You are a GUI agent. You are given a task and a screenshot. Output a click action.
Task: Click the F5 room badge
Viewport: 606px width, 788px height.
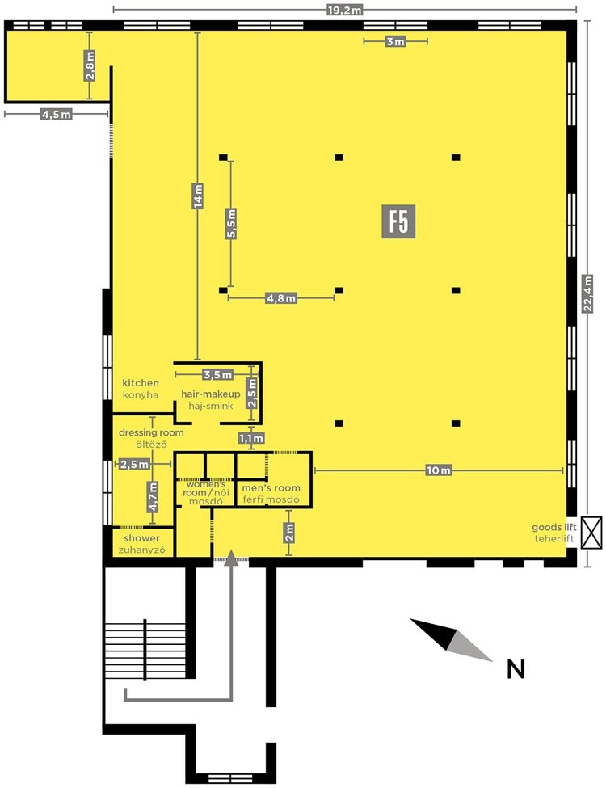(x=398, y=221)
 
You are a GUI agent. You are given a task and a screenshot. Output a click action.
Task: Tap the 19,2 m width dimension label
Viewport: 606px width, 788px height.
(x=344, y=10)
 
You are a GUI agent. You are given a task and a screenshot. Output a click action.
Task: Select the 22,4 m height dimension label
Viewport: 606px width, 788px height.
(x=587, y=294)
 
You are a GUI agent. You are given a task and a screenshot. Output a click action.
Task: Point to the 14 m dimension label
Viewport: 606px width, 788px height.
(x=198, y=196)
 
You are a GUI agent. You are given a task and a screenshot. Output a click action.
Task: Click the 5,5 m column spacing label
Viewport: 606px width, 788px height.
(x=231, y=224)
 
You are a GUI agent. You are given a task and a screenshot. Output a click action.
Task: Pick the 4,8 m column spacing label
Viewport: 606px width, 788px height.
(x=281, y=298)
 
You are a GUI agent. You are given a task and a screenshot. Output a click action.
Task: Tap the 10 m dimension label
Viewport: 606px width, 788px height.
(x=438, y=470)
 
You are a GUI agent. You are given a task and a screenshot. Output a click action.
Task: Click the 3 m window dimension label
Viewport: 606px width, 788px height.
(x=395, y=42)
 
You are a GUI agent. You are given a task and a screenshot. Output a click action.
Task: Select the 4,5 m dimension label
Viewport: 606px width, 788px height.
(x=57, y=115)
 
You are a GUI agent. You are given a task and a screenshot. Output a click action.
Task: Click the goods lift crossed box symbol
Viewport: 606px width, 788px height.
(x=591, y=533)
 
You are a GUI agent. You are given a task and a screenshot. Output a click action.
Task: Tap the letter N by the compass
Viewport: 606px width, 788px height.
(x=516, y=669)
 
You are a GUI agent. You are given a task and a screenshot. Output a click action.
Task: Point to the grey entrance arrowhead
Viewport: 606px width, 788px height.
(x=230, y=558)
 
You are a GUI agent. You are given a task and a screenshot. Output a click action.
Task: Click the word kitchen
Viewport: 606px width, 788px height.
(x=141, y=383)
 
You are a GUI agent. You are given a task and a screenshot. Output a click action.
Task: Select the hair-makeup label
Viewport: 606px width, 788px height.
(x=211, y=394)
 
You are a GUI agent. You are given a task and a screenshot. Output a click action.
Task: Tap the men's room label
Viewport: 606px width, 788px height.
(x=271, y=488)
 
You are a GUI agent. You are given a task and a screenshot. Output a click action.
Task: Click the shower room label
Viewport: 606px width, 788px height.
(x=141, y=538)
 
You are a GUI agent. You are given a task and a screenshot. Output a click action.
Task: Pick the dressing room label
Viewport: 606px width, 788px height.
(x=151, y=432)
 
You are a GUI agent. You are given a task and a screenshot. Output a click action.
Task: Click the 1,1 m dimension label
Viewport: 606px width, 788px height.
(x=251, y=439)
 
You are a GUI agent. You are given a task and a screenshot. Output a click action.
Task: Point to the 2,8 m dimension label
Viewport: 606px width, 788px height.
(x=90, y=65)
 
